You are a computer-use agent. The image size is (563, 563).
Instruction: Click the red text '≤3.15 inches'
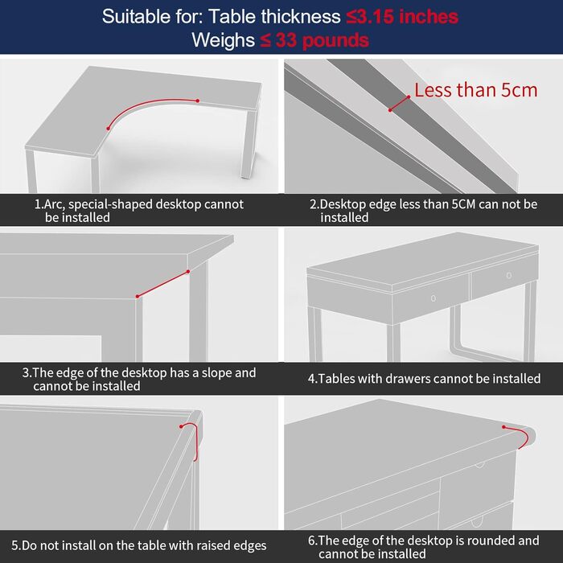click(402, 17)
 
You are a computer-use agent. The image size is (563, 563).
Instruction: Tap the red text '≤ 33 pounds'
click(314, 40)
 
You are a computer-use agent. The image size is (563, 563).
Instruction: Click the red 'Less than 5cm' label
click(476, 90)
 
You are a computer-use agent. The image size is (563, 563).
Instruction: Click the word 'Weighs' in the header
click(223, 40)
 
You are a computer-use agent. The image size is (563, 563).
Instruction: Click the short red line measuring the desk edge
click(399, 104)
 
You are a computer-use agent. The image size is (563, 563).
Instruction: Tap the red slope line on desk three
click(162, 284)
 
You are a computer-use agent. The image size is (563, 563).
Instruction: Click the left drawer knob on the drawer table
click(434, 298)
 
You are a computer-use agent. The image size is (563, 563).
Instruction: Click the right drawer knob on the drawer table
click(509, 275)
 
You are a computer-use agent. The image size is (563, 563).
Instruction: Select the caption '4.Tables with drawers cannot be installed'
click(424, 379)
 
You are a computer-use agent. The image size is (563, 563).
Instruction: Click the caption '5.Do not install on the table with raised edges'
click(139, 545)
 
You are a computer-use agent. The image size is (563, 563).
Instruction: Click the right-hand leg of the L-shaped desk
click(249, 144)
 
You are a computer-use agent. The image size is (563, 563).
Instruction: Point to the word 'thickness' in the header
click(301, 17)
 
